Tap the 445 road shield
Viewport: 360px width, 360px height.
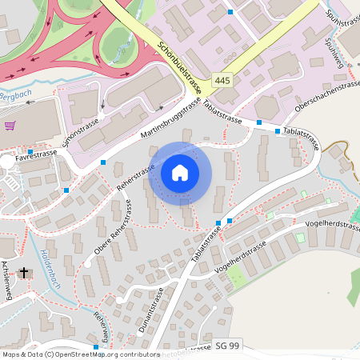tap(223, 82)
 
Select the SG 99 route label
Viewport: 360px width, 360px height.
tap(226, 346)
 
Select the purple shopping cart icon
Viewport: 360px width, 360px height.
tap(10, 126)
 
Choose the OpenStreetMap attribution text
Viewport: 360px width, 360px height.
tap(80, 354)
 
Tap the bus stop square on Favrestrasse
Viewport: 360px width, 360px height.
tap(30, 151)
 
